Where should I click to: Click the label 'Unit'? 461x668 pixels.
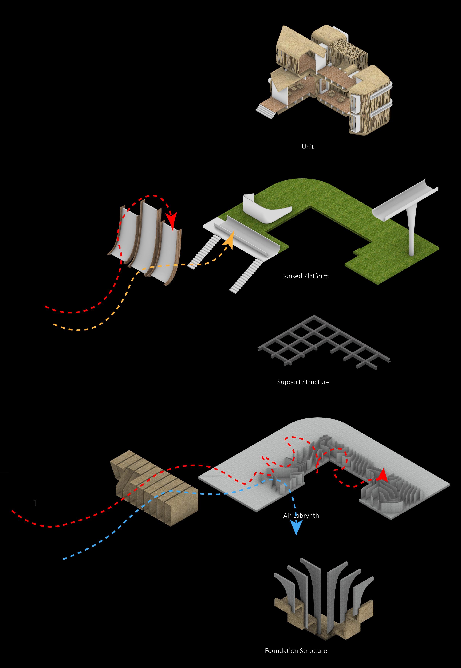(308, 147)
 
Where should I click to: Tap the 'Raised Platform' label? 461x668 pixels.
(306, 276)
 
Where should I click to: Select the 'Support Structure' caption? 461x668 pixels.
(303, 382)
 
